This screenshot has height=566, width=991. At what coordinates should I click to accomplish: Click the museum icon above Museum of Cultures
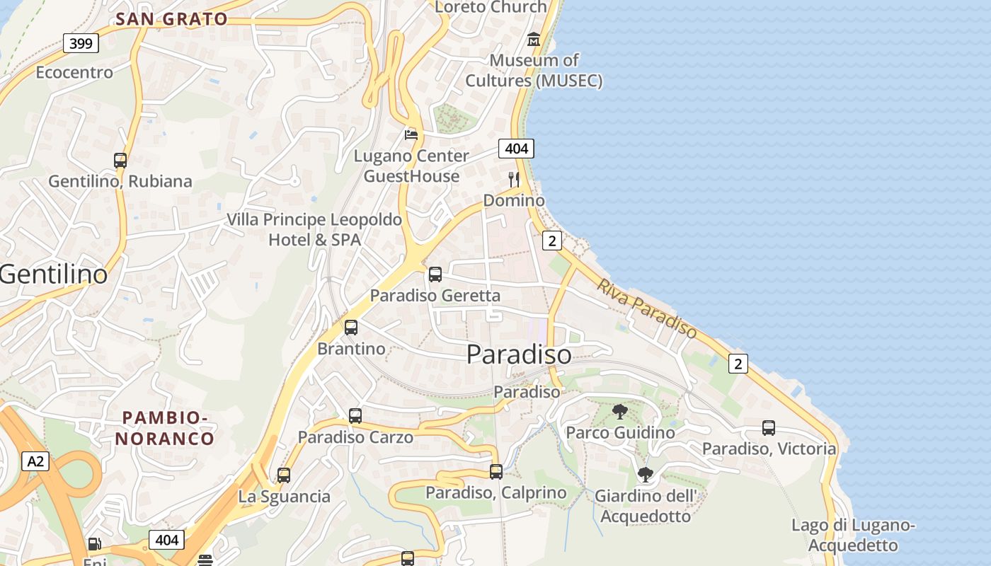pos(534,39)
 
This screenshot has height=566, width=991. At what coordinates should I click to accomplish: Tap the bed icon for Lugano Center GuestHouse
pos(411,134)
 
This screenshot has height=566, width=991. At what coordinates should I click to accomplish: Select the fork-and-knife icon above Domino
pos(514,180)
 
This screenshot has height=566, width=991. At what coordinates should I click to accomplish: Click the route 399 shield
pos(81,44)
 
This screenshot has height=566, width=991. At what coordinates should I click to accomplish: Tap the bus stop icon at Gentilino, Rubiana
pos(120,161)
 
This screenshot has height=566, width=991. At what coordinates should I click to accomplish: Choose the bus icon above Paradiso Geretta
pos(435,275)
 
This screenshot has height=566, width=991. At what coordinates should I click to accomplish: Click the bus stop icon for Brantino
pos(351,328)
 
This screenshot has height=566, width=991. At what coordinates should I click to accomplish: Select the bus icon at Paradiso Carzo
pos(355,416)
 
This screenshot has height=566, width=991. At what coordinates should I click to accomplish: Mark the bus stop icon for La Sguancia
pos(284,475)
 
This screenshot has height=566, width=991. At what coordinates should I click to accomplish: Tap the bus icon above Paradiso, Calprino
pos(496,471)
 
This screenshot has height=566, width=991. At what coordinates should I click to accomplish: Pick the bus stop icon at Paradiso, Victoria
pos(769,428)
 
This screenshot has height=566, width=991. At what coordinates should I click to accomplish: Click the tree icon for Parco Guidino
pos(620,411)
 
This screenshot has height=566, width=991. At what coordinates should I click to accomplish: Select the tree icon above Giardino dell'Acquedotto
pos(645,474)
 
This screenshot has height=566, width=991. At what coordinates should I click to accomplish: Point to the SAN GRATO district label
pos(171,19)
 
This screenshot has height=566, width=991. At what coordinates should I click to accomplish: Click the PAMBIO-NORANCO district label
pos(165,428)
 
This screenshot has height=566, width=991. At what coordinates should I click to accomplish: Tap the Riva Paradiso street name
pos(647,307)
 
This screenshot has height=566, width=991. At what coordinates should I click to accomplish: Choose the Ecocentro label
pos(74,72)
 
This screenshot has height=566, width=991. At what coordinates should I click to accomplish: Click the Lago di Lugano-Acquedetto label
pos(854,535)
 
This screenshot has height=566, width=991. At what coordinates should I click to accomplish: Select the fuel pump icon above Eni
pos(94,544)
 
